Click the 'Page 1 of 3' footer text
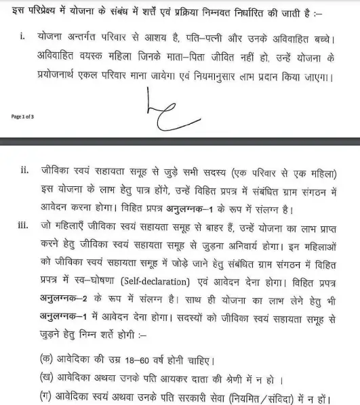[23, 116]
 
